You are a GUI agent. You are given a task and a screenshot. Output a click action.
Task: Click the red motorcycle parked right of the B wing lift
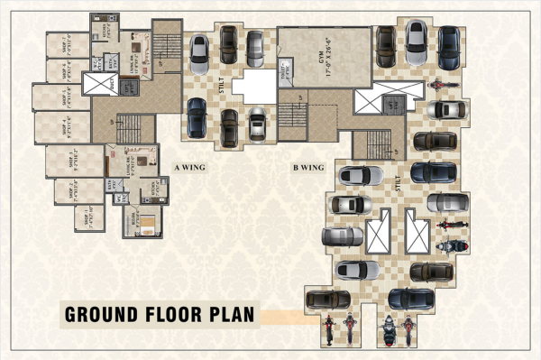coord(439,87)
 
